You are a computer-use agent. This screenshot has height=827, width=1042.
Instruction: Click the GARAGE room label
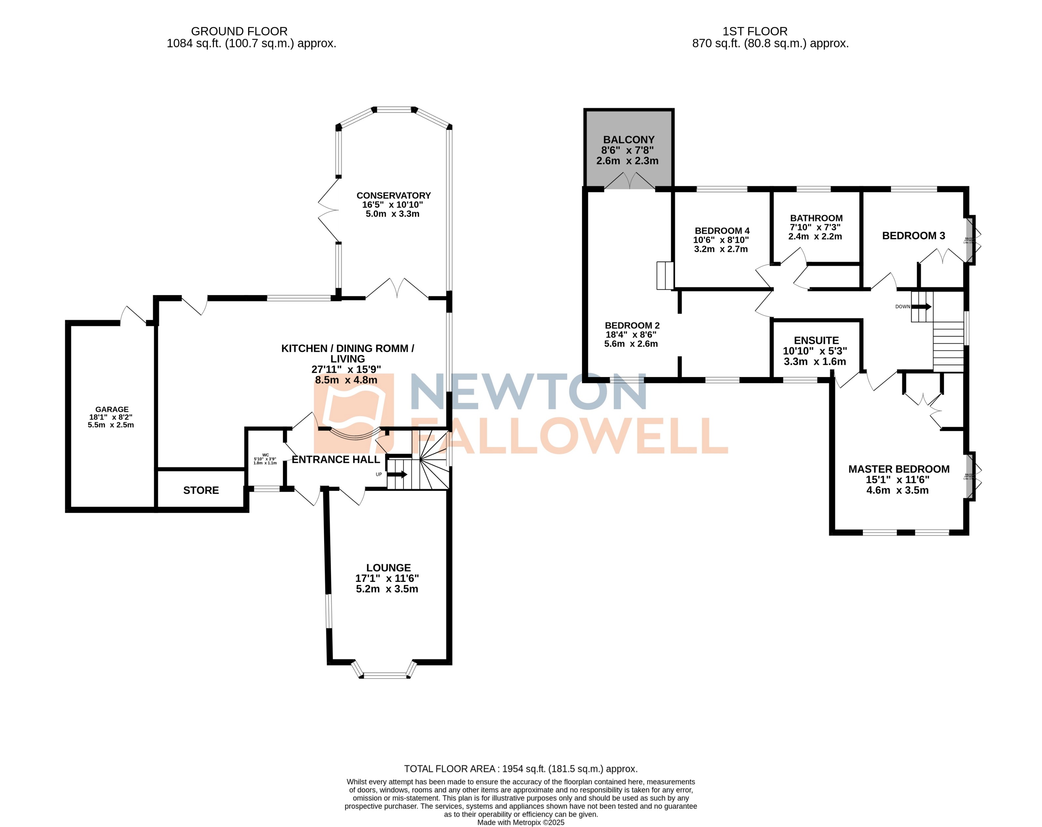click(x=112, y=409)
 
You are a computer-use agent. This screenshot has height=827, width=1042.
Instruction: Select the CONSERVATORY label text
click(x=393, y=196)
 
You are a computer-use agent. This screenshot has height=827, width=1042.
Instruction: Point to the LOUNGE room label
click(x=388, y=568)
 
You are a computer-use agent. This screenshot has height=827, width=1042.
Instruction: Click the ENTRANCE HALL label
click(x=336, y=460)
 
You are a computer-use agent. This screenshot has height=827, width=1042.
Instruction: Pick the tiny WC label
click(x=265, y=455)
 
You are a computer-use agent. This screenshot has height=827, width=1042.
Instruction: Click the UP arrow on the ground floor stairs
click(x=397, y=474)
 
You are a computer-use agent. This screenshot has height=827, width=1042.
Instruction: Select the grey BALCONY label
click(x=628, y=140)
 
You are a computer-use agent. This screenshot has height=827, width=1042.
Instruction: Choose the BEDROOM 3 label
click(x=913, y=236)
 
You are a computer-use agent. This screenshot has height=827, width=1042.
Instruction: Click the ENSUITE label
click(x=816, y=341)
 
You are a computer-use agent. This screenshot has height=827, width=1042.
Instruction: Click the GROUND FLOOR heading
click(x=239, y=32)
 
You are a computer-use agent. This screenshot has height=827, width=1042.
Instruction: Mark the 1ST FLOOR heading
click(x=755, y=32)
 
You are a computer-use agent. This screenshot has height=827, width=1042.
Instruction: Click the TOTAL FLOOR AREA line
click(x=521, y=769)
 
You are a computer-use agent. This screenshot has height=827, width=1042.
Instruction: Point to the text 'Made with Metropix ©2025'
click(x=521, y=822)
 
